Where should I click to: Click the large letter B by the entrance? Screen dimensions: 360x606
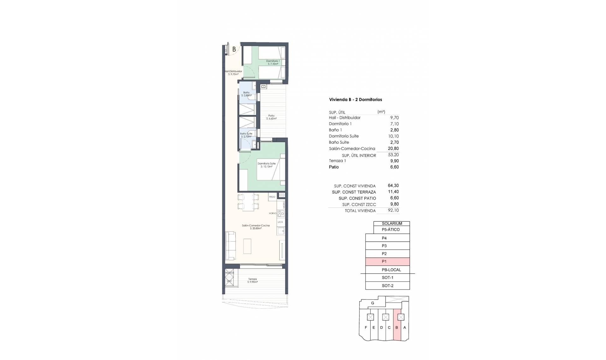[234, 49]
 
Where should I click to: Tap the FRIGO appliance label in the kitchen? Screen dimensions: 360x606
[272, 197]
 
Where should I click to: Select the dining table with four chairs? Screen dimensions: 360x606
[248, 202]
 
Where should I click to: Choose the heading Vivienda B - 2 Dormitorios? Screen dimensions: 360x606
[355, 99]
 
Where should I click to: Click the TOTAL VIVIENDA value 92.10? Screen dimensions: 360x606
[393, 210]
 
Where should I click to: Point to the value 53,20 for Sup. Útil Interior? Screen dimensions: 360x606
[393, 155]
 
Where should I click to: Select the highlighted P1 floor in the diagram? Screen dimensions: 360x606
[387, 261]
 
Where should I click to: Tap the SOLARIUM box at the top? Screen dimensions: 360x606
[392, 223]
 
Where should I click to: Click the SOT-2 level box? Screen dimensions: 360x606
[387, 285]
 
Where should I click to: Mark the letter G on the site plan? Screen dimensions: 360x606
[372, 303]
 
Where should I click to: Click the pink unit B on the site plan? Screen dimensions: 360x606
[397, 327]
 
